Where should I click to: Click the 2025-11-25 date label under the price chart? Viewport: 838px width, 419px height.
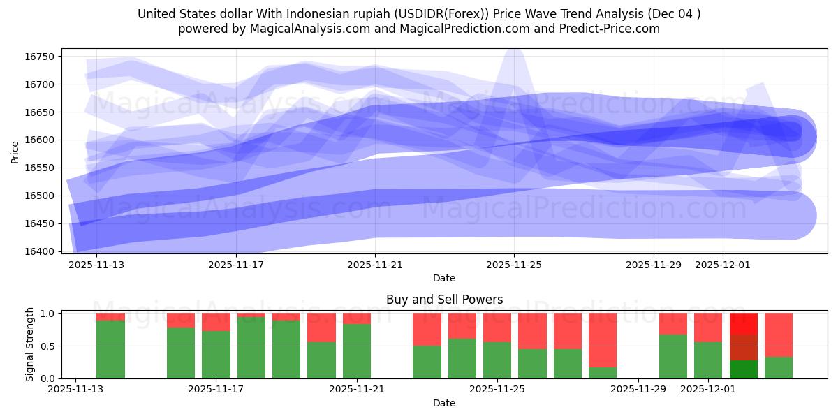514,265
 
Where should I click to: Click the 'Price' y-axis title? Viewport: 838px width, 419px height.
15,152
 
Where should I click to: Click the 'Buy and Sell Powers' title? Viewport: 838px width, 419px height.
444,300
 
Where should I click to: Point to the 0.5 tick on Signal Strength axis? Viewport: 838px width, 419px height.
48,346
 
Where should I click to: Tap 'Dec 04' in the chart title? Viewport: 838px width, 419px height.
680,14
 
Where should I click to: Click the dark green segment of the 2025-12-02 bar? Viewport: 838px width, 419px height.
744,369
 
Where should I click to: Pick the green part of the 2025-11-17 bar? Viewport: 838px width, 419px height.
216,355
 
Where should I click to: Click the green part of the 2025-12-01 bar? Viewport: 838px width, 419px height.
708,360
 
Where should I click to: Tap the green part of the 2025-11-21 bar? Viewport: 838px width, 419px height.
357,351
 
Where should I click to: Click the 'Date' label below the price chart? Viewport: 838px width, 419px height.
444,278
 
